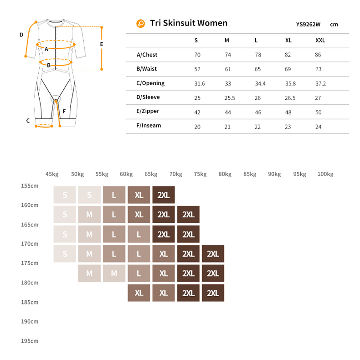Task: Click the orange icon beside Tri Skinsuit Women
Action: [141, 24]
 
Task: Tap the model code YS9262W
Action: [309, 25]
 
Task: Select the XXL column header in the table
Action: [320, 41]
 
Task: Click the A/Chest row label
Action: [147, 55]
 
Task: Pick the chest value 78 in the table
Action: [258, 55]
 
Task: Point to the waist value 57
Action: [197, 69]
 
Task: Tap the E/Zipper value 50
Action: [318, 112]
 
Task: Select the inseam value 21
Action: [228, 127]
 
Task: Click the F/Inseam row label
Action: [149, 126]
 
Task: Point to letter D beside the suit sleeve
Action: [21, 35]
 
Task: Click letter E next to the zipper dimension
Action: [102, 45]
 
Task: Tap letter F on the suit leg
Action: [64, 111]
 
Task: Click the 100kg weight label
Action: [325, 174]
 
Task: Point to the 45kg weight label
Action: [52, 174]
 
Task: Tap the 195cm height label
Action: [30, 341]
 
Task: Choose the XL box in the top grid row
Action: [139, 195]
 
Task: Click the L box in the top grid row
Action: [114, 195]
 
